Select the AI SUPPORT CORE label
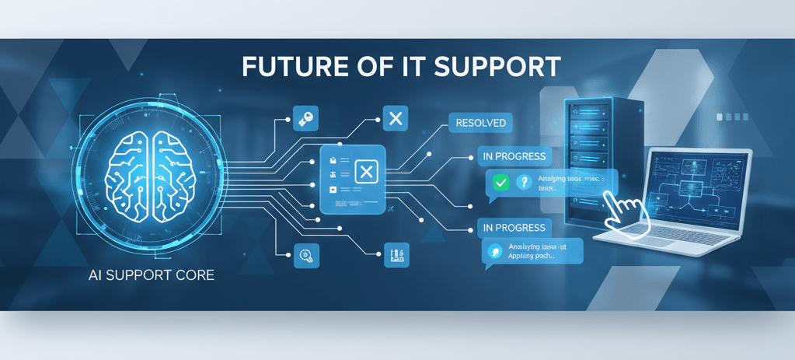(x=152, y=276)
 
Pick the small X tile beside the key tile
(x=395, y=118)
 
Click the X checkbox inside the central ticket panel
(x=365, y=172)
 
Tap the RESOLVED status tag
(x=481, y=123)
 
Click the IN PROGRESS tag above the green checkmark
(x=514, y=156)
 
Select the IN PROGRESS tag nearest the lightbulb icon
(x=514, y=228)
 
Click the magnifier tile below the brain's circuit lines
(x=305, y=253)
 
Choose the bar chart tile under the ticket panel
(x=396, y=253)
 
